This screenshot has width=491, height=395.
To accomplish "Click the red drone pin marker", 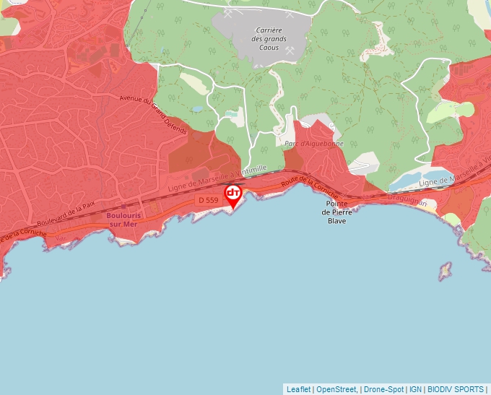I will [x=233, y=195].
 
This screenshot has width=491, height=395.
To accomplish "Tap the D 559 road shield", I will [x=207, y=199].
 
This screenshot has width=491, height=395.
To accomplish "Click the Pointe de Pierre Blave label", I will [x=336, y=212].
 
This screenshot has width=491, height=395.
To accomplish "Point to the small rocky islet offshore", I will [x=444, y=272].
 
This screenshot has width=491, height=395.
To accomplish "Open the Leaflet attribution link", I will [x=298, y=389].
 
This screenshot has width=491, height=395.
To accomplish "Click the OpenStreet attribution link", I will [x=336, y=389].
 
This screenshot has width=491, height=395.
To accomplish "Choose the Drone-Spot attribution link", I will [x=383, y=389].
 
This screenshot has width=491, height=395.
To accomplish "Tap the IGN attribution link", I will [x=415, y=389].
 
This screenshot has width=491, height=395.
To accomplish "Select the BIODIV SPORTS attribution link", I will [x=456, y=389].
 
